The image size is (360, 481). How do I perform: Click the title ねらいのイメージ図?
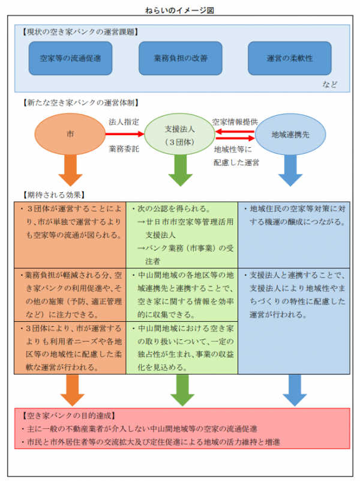(179, 11)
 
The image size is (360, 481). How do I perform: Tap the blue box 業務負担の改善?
(180, 58)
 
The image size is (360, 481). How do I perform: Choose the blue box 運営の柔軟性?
(290, 58)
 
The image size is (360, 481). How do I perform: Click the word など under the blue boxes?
(329, 84)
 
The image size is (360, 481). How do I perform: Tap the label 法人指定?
(124, 121)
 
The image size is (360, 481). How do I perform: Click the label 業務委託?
(124, 147)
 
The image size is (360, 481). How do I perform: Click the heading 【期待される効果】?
(53, 195)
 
